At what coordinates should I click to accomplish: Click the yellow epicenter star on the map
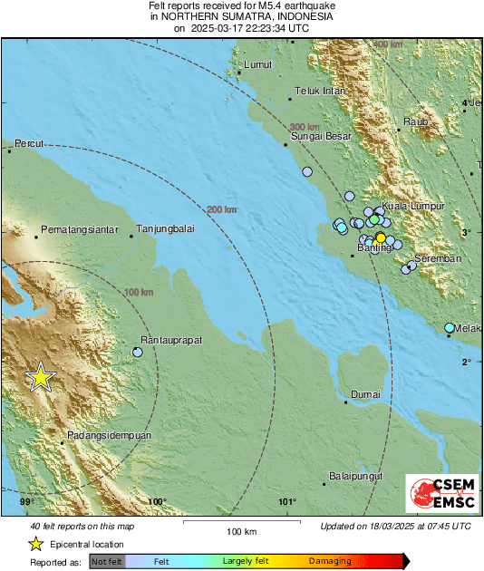[x=40, y=377]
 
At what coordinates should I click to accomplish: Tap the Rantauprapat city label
[x=169, y=340]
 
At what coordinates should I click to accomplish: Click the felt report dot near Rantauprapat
[x=138, y=352]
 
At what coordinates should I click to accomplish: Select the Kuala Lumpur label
[x=412, y=207]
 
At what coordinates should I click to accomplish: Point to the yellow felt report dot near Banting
[x=381, y=237]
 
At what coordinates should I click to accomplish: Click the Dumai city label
[x=365, y=394]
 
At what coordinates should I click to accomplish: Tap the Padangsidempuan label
[x=106, y=435]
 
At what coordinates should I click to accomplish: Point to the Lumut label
[x=259, y=65]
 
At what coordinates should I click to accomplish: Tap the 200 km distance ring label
[x=221, y=210]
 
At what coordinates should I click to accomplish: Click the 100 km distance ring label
[x=138, y=292]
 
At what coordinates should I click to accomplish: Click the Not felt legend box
[x=107, y=562]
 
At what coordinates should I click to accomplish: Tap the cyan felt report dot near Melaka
[x=450, y=327]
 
